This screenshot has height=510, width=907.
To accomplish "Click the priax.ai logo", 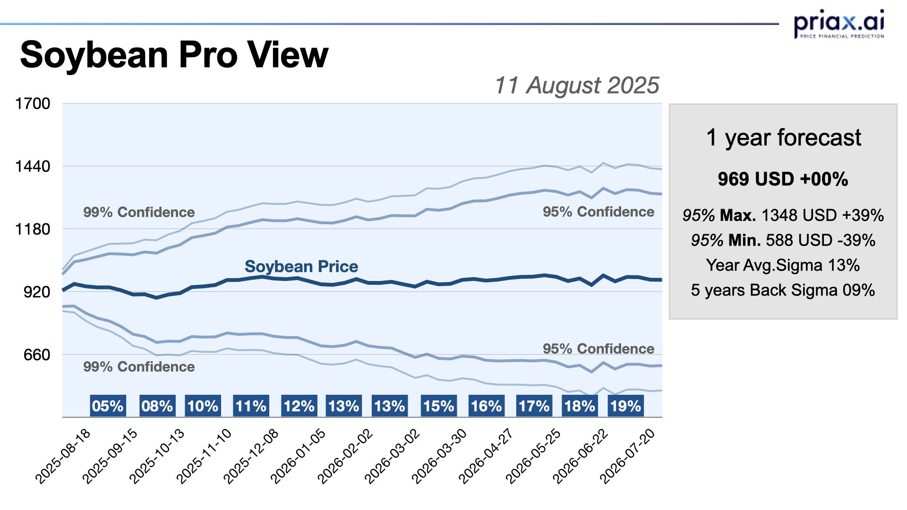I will click(839, 24).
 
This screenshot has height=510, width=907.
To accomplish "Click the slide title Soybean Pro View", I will click(174, 55).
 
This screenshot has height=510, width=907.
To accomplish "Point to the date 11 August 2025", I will click(576, 85).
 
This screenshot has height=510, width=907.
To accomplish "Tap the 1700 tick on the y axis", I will click(33, 103).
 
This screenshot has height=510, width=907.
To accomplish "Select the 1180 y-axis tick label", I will click(33, 229).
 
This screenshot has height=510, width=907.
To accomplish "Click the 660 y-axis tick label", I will click(37, 355).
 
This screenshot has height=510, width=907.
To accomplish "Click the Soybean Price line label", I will click(301, 267).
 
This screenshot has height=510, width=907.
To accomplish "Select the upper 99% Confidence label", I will click(139, 212).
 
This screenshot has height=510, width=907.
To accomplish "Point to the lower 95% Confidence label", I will click(598, 349).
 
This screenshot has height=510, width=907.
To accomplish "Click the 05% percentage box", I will click(108, 406).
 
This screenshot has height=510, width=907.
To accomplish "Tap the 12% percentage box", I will click(299, 406).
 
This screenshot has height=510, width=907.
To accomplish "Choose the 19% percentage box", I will click(625, 406).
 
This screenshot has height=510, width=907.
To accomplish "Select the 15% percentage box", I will click(438, 406).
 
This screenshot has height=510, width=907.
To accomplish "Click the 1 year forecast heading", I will click(783, 138).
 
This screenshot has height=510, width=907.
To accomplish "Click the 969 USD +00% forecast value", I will click(783, 179).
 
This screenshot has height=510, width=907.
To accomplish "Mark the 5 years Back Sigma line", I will click(783, 290).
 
